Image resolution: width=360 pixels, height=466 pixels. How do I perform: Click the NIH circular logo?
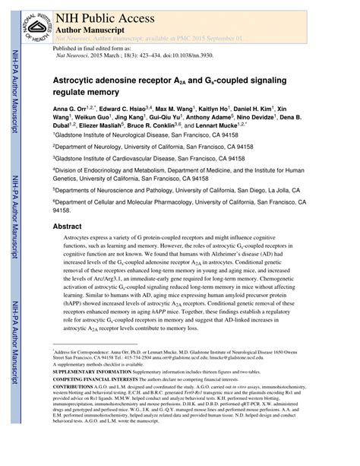(27, 24)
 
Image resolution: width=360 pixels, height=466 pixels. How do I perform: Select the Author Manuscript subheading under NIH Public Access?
(87, 26)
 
